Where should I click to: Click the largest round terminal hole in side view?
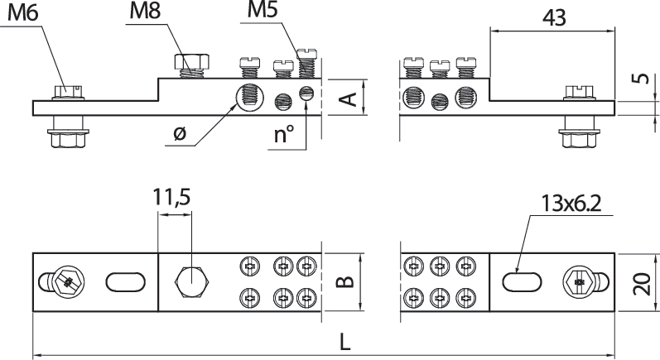point(248,96)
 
